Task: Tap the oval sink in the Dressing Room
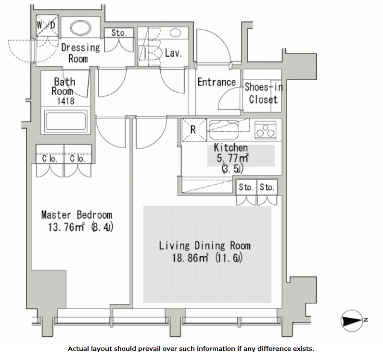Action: (80, 27)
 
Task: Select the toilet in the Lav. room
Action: (151, 53)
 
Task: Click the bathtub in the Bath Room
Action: (65, 121)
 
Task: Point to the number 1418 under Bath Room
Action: (66, 101)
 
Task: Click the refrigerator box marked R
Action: (194, 130)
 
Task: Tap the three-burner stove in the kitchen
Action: (265, 130)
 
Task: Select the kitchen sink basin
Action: (224, 130)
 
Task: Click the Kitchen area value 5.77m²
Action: (232, 158)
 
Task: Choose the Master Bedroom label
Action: (77, 215)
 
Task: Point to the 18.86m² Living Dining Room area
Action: (190, 258)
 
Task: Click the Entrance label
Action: (217, 82)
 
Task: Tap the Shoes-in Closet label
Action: (264, 93)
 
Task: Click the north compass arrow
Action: (353, 321)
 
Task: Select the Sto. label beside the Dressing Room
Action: (119, 33)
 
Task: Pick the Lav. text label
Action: (173, 53)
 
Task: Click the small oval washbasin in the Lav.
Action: (175, 33)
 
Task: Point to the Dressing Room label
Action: (80, 53)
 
